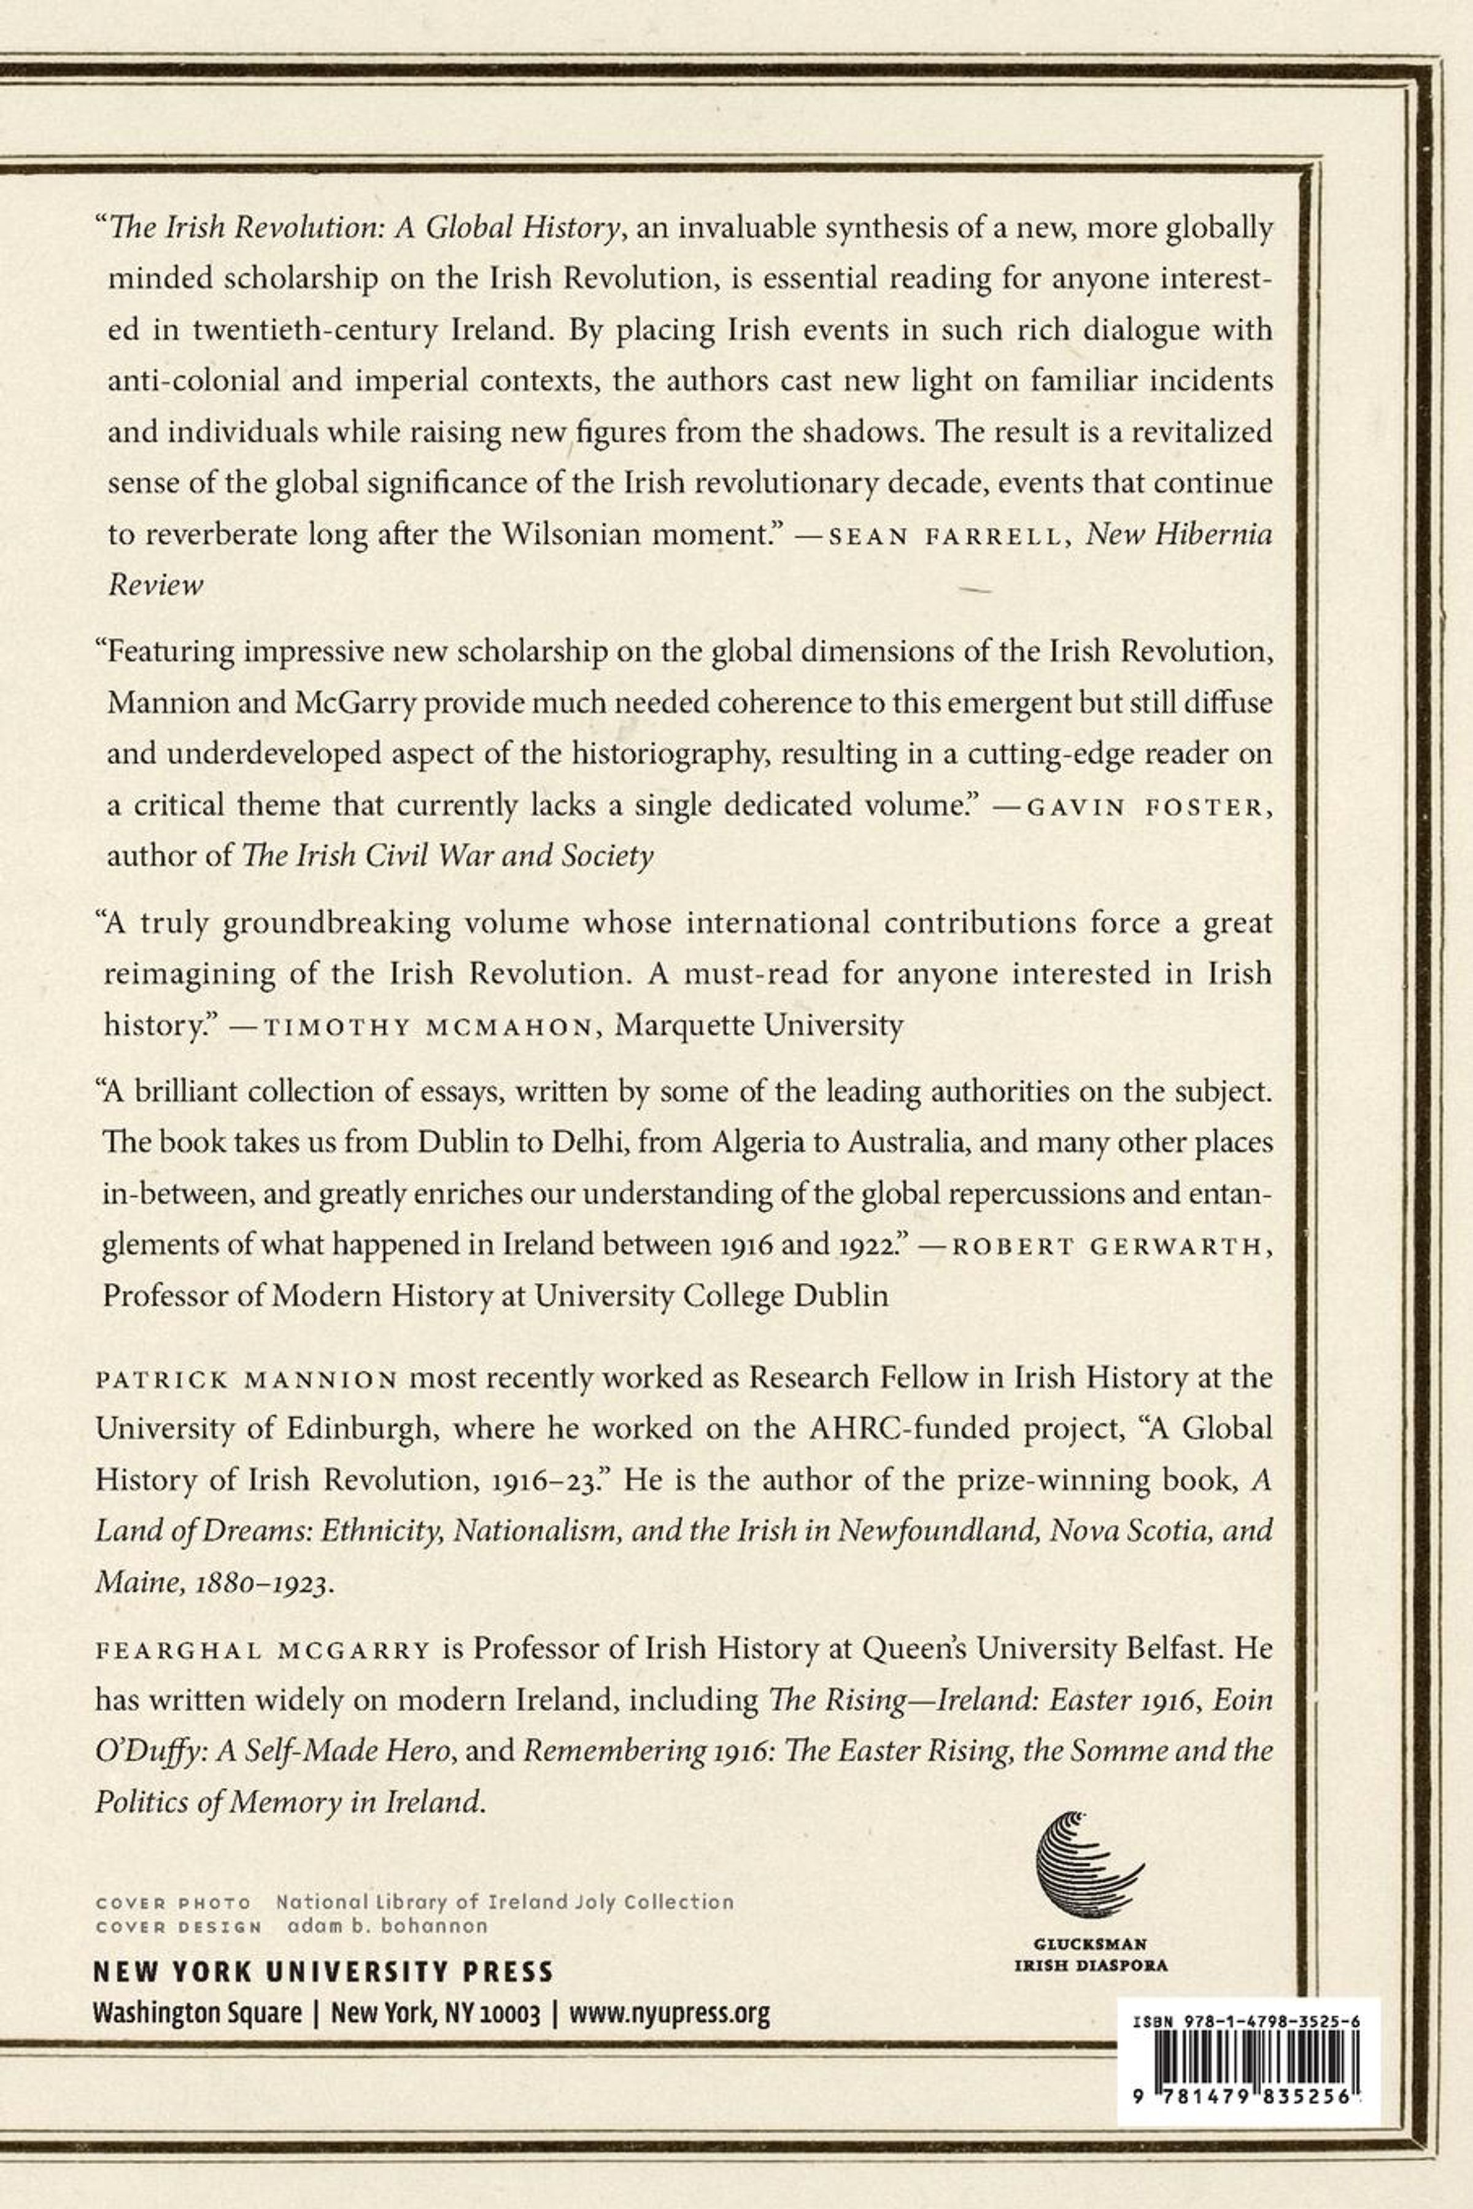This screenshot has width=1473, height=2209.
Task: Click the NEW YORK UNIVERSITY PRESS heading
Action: click(x=323, y=1970)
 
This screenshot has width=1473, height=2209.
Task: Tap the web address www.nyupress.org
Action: click(x=670, y=2013)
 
